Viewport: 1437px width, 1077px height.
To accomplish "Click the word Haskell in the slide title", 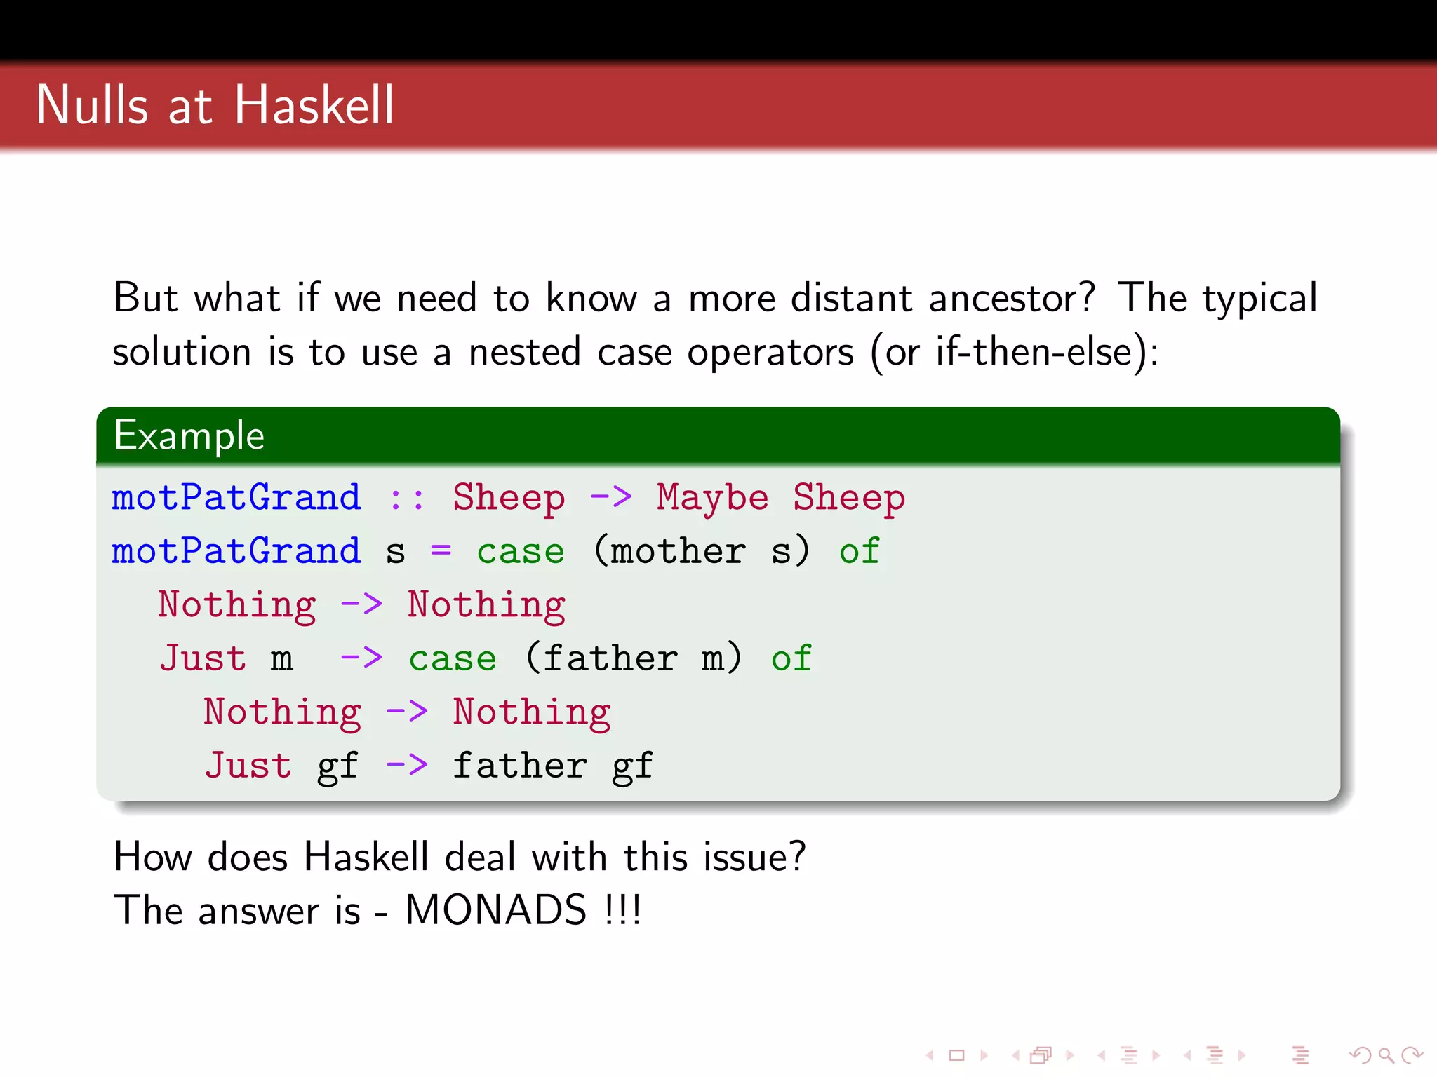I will pos(314,105).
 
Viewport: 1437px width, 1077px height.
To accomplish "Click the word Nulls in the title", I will pos(92,105).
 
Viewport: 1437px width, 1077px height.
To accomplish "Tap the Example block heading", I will pos(189,435).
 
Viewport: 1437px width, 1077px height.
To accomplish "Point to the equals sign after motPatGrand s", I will pos(441,550).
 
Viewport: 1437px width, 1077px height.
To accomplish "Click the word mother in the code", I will pos(678,551).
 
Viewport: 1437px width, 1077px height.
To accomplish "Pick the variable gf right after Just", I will pos(337,766).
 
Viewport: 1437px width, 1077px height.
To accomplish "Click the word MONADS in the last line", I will pos(495,910).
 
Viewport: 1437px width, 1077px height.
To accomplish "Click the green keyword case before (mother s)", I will pos(520,552).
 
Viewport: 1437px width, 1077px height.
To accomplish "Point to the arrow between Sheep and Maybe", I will pos(610,498).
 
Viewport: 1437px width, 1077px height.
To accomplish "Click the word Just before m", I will pos(203,658).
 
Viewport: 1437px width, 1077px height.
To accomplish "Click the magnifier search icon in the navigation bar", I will pos(1385,1055).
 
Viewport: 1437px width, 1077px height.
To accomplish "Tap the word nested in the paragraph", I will pos(524,352).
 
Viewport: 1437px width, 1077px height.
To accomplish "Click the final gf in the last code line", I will pos(632,766).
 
